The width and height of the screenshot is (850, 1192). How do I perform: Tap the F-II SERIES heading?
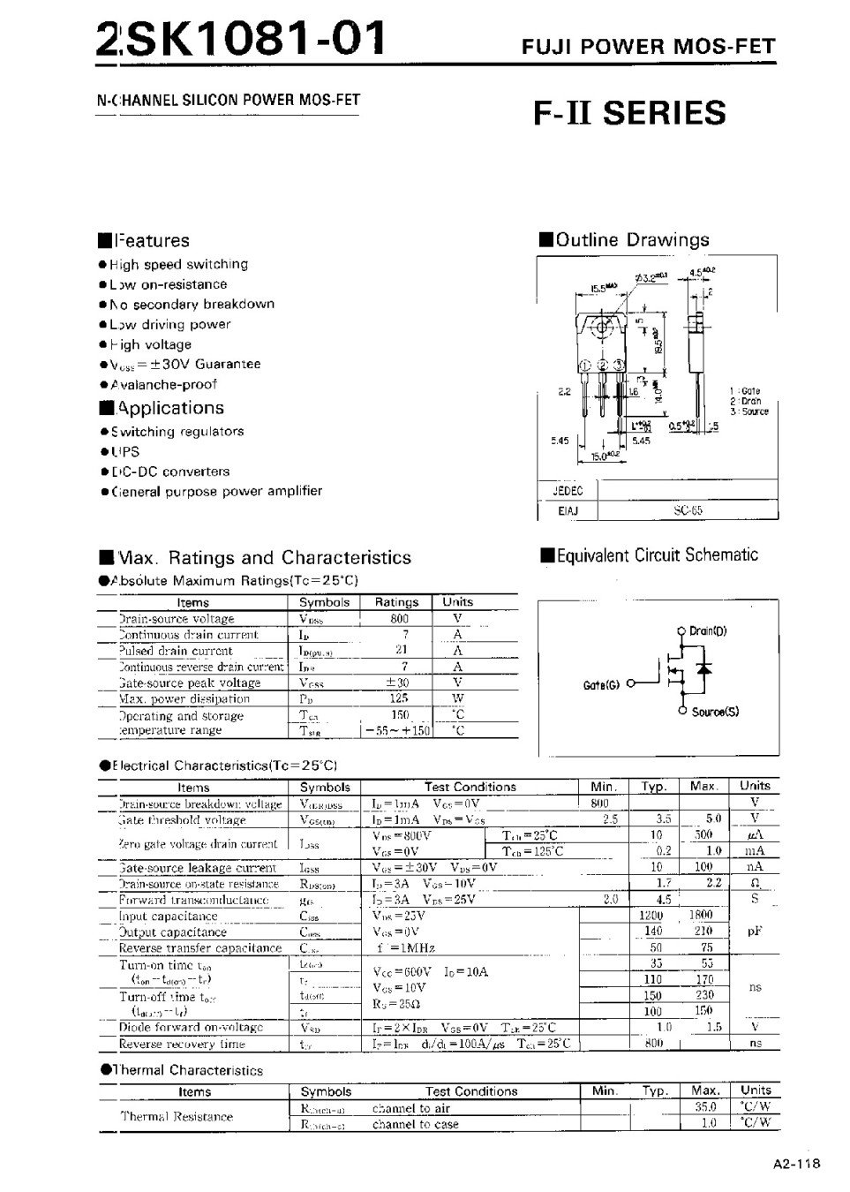629,113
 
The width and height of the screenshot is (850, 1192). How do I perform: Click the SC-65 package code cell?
688,510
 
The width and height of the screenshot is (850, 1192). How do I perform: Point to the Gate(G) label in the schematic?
602,685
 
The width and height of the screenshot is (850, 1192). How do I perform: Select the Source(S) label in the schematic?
715,712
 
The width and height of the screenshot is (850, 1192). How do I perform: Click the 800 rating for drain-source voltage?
399,619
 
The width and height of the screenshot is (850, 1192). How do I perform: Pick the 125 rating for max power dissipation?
399,698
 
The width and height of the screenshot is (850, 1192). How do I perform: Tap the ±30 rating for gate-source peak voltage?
398,683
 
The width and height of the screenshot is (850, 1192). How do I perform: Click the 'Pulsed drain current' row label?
176,651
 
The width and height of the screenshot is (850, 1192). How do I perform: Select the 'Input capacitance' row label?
168,917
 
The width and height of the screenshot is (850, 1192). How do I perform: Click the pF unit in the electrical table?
755,931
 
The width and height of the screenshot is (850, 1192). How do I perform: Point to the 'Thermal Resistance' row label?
177,1116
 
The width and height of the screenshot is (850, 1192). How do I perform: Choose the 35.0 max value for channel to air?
706,1106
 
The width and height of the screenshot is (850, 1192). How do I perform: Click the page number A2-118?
796,1164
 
